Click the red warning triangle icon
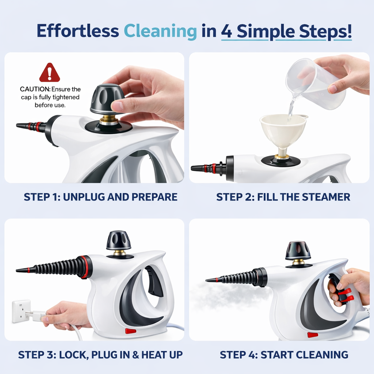click(49, 73)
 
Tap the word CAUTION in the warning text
click(35, 89)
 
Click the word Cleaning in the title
click(160, 31)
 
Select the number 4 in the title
click(227, 31)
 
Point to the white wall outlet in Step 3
click(21, 311)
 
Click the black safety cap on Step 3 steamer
click(118, 241)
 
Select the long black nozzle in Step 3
click(55, 267)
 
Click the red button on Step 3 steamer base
click(130, 331)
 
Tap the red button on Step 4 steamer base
click(313, 335)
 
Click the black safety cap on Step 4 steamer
click(298, 251)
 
